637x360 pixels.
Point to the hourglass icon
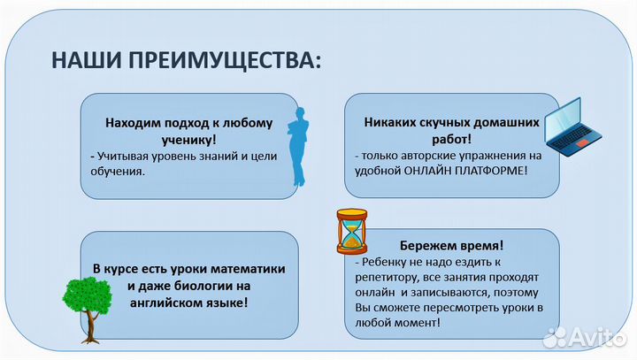tap(351, 231)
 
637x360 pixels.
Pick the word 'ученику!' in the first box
tap(191, 140)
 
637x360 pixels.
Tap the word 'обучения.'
tap(118, 171)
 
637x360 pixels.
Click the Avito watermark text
tap(592, 337)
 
